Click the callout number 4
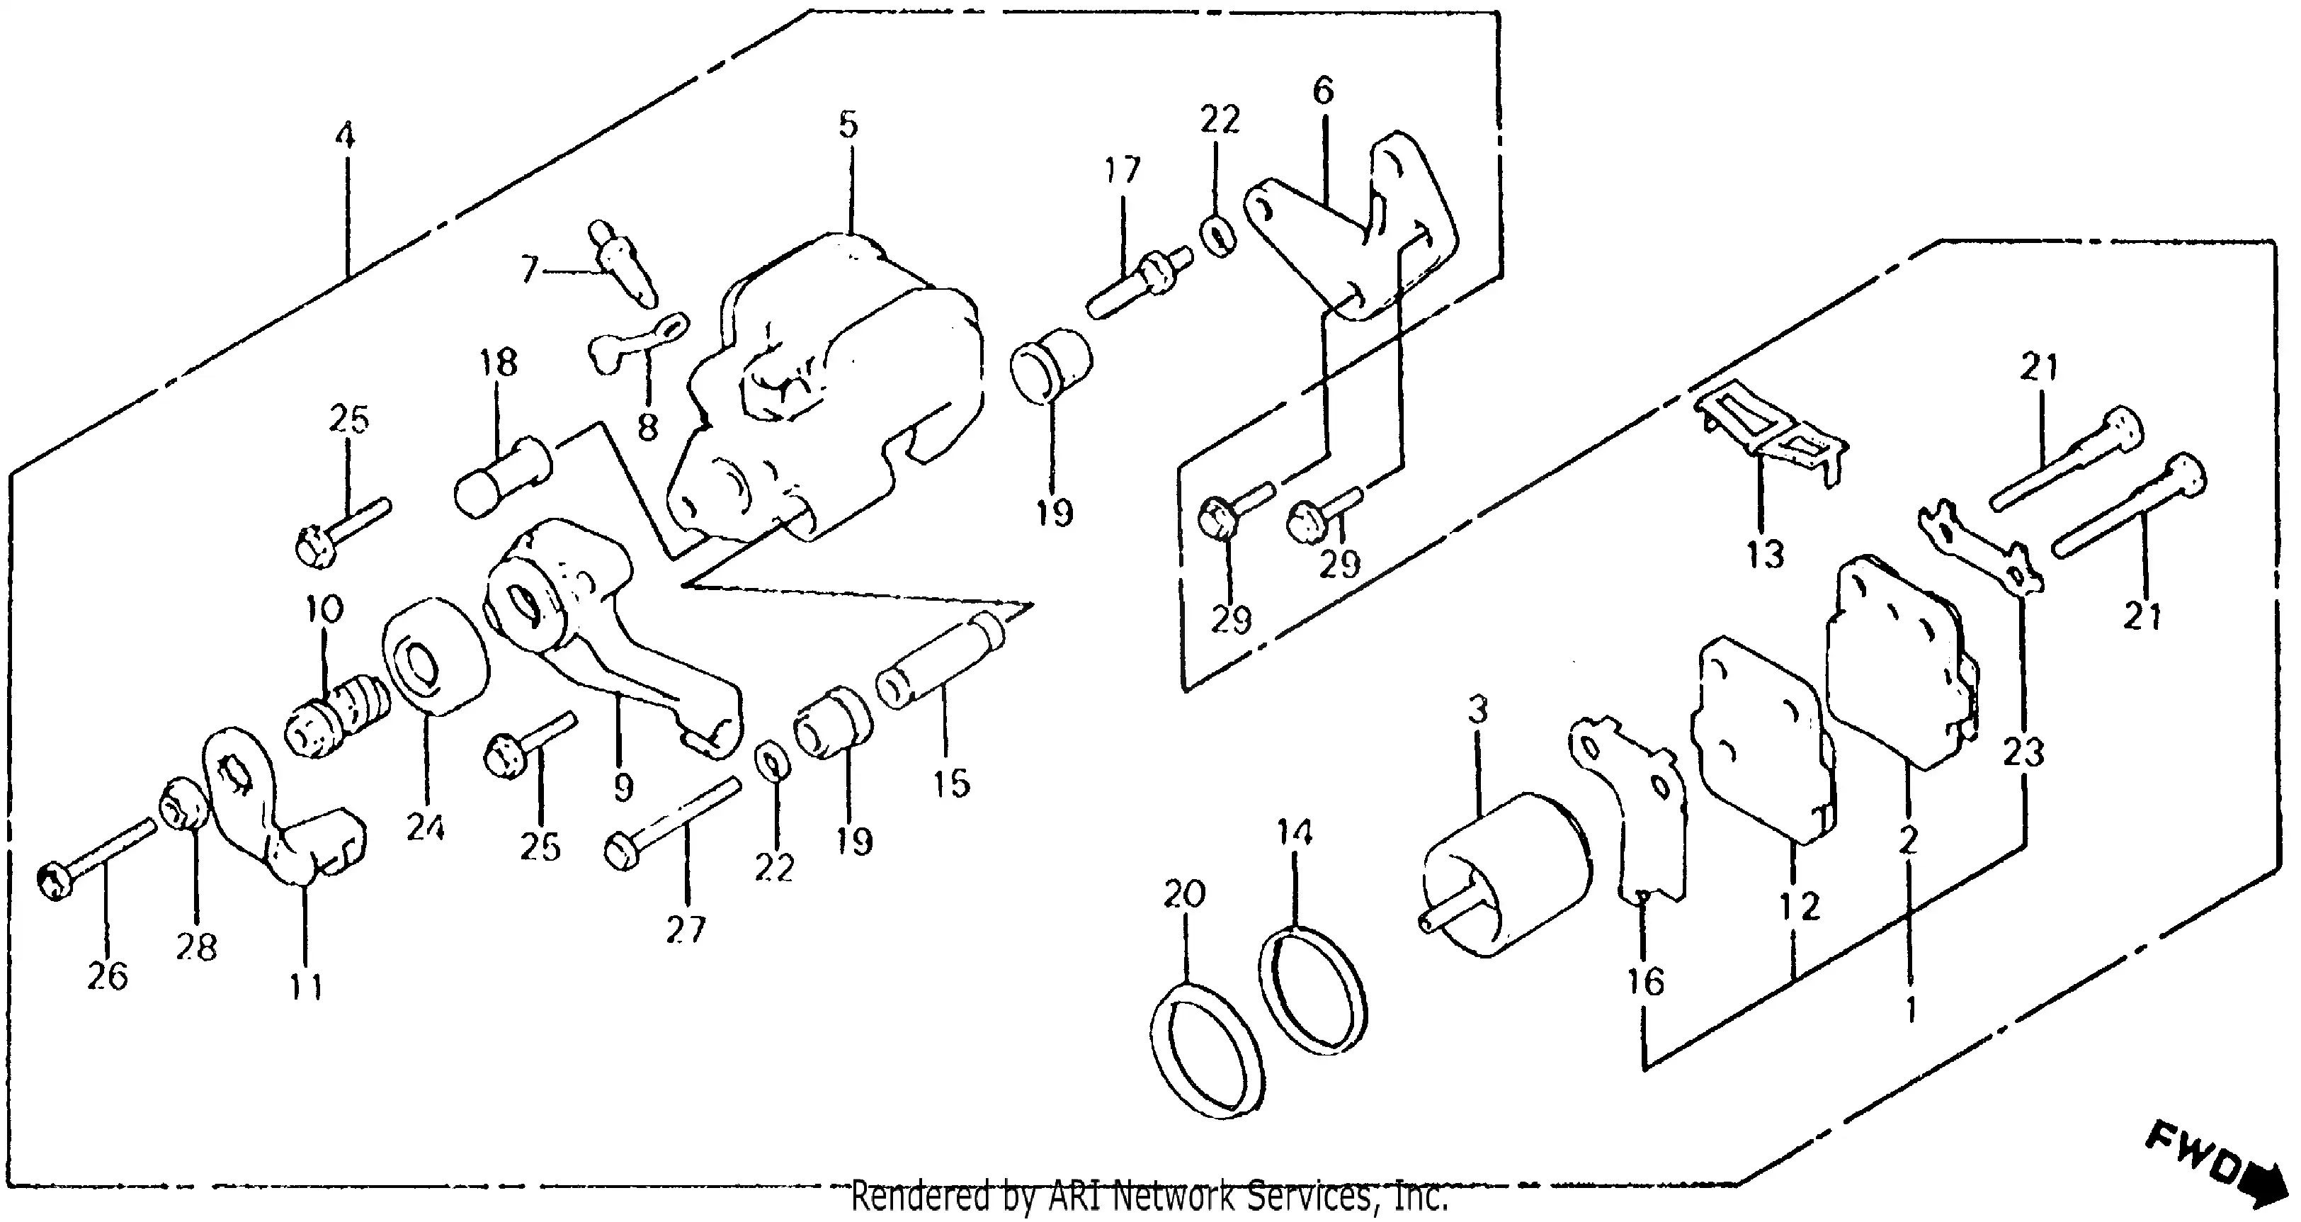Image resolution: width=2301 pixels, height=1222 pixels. point(345,137)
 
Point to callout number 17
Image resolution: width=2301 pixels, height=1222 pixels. point(1122,170)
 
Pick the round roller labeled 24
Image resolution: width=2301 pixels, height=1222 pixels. point(436,657)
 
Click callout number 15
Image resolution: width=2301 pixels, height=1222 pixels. point(951,783)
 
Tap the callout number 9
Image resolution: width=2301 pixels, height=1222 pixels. point(623,786)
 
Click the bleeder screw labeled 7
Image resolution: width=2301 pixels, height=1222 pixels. point(623,264)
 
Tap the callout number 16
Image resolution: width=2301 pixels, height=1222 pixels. point(1644,982)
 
